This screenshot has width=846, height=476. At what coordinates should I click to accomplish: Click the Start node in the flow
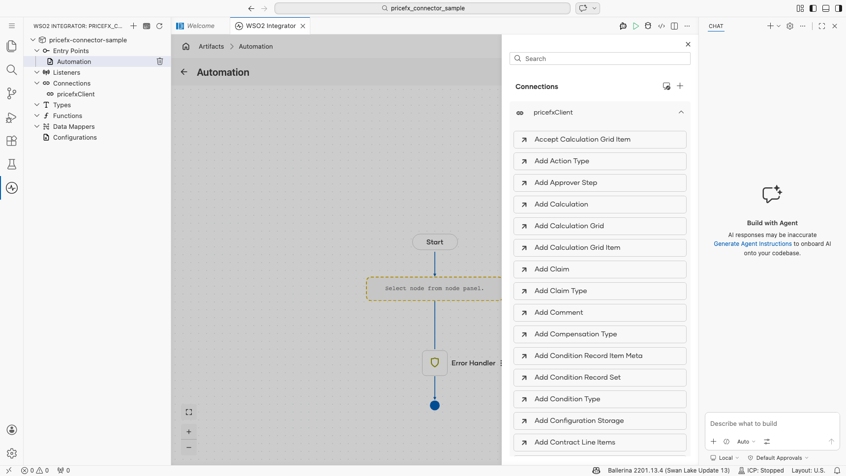tap(435, 242)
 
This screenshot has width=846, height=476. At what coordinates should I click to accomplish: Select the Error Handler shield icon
tap(435, 363)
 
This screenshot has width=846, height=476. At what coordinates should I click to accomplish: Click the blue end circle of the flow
tap(435, 406)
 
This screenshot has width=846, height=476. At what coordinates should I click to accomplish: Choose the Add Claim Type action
tap(600, 291)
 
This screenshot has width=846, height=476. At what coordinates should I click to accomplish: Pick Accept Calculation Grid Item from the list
tap(600, 140)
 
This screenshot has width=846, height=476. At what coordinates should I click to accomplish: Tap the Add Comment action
tap(600, 313)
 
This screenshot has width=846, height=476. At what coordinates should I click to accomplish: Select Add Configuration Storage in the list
tap(600, 421)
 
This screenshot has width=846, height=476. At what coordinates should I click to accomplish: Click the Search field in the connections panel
tap(600, 59)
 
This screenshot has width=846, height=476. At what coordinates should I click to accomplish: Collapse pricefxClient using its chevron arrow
tap(681, 113)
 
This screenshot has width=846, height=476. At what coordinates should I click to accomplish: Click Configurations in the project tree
tap(75, 138)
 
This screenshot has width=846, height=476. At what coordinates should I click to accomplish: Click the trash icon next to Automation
tap(160, 61)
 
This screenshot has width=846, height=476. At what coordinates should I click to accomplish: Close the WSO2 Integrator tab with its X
tap(303, 26)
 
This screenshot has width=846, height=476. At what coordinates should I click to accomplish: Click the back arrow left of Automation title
tap(184, 72)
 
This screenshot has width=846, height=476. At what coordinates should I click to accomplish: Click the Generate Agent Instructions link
tap(753, 244)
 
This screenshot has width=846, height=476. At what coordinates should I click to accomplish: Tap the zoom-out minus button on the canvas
tap(189, 447)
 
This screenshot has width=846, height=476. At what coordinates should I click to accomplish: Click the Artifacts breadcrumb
tap(211, 47)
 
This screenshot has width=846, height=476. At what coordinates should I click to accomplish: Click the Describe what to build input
tap(772, 424)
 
